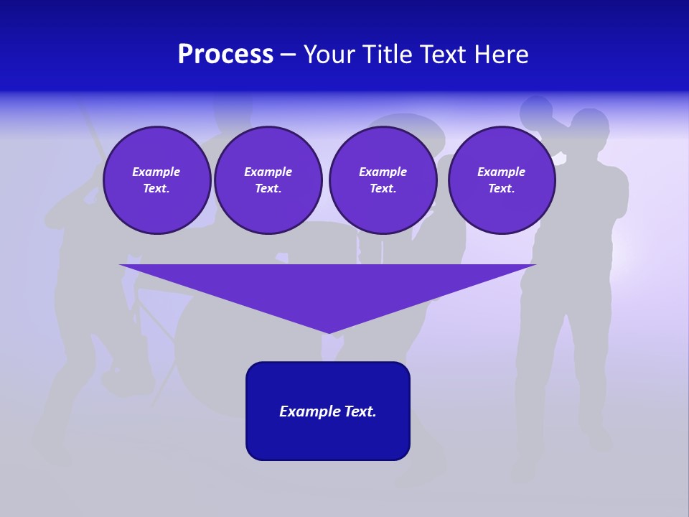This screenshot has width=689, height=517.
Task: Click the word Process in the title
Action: tap(225, 55)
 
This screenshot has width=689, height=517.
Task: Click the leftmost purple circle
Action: tap(156, 180)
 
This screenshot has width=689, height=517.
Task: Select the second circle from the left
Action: tap(268, 180)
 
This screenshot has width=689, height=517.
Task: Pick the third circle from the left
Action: tap(383, 180)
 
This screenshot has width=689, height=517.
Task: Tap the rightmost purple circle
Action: tap(501, 180)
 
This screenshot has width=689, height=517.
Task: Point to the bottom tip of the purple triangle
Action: tap(329, 332)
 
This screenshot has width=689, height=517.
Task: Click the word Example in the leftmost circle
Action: tap(156, 172)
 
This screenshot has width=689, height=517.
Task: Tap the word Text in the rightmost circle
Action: tap(501, 189)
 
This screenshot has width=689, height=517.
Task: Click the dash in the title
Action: tap(288, 55)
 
